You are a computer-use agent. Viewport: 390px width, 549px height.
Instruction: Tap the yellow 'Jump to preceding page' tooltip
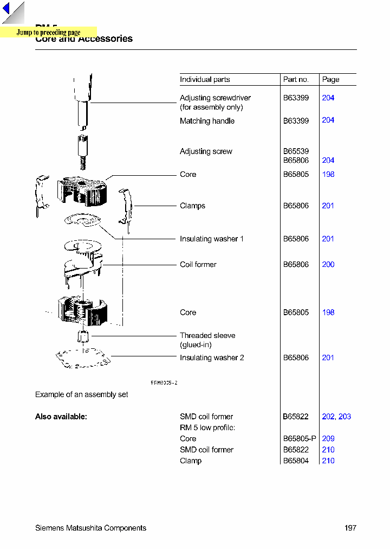[x=48, y=33]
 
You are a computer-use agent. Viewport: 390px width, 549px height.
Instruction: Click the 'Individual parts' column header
[x=205, y=80]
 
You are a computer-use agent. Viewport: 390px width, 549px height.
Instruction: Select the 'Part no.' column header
[x=296, y=80]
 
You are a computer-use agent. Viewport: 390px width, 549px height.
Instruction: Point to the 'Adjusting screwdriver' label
[x=215, y=98]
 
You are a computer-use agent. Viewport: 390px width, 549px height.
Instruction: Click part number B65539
[x=296, y=151]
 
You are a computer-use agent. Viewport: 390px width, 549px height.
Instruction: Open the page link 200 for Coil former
[x=328, y=265]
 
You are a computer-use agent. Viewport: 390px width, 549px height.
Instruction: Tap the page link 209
[x=328, y=439]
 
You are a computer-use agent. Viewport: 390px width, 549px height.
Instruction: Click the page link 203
[x=344, y=417]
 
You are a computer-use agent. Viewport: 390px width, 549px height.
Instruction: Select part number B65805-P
[x=300, y=439]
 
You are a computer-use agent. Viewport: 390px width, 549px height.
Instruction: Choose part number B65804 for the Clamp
[x=296, y=461]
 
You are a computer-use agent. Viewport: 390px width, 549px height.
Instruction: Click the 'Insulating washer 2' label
[x=212, y=358]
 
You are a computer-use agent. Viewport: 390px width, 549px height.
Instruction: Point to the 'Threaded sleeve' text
[x=207, y=336]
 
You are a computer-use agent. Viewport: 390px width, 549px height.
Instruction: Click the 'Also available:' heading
[x=61, y=417]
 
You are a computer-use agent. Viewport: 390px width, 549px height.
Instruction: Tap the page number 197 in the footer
[x=350, y=528]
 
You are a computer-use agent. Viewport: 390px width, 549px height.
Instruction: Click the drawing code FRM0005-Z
[x=164, y=382]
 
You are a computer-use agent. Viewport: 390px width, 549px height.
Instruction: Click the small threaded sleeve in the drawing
[x=83, y=336]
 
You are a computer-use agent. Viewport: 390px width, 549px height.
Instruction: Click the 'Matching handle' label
[x=207, y=121]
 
